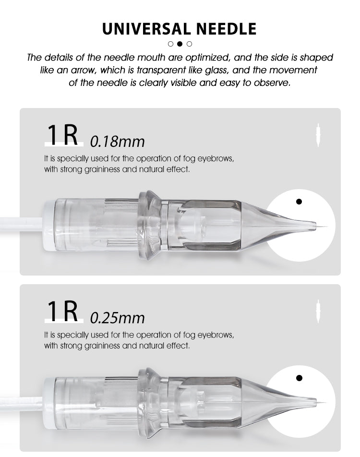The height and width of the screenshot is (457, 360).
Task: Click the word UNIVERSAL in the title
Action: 146,29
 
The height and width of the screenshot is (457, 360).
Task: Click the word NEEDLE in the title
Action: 226,29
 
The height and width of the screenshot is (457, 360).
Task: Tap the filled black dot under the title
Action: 180,44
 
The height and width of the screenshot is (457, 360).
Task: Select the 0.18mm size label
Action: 117,142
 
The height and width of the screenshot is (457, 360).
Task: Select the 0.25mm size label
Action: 117,318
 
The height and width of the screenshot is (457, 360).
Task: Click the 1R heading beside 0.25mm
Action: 63,311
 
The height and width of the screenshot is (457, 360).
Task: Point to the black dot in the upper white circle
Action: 299,202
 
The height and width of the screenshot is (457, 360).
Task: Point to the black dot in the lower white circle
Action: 299,378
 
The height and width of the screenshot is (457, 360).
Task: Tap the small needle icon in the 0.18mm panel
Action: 318,135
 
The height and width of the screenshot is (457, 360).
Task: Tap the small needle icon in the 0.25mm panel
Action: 318,312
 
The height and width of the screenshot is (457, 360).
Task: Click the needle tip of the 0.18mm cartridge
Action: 326,227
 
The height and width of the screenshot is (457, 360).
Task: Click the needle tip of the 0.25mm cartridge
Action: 325,403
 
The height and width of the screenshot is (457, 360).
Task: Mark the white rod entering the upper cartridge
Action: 22,224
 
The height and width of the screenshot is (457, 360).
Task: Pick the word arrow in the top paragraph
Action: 84,71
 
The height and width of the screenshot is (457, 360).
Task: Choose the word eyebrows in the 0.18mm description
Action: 216,159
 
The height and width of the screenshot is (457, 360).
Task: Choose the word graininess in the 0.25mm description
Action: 102,346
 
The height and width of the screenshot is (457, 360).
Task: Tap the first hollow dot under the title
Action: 170,44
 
